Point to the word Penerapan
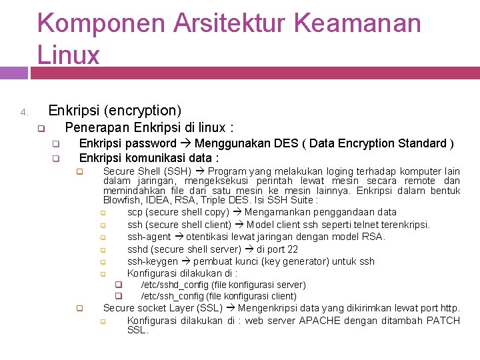[97, 127]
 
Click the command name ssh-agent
[149, 237]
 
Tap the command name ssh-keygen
[153, 261]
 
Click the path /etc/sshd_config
[171, 285]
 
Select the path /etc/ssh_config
[169, 296]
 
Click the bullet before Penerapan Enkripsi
[40, 129]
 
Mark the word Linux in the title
[69, 55]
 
